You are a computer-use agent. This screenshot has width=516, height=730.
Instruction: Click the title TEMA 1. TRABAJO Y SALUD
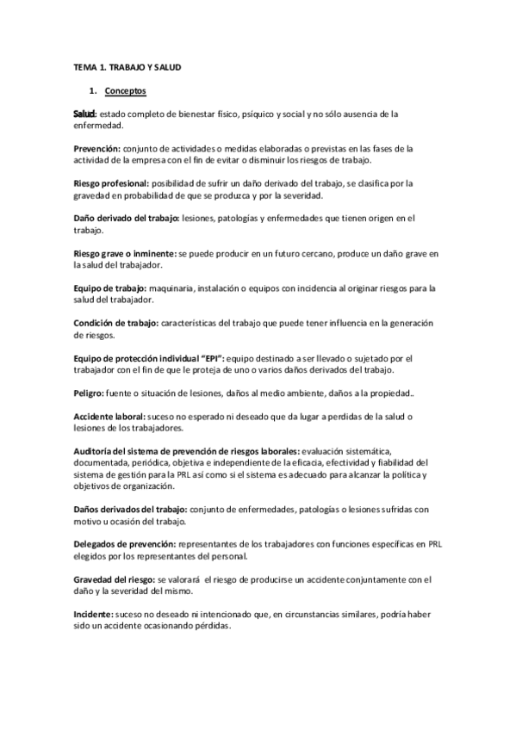[127, 66]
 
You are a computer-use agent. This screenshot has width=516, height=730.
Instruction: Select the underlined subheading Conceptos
[125, 90]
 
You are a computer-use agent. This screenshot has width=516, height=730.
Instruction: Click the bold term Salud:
[84, 114]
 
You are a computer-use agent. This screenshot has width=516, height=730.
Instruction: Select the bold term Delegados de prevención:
[125, 544]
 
